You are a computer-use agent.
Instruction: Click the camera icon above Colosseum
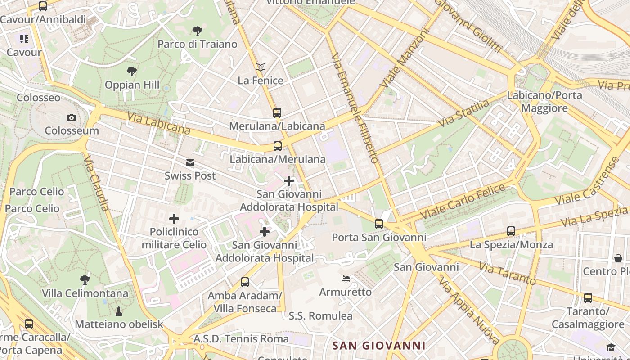tap(71, 118)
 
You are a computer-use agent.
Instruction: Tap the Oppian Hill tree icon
tap(131, 71)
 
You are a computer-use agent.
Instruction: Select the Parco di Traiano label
tap(198, 44)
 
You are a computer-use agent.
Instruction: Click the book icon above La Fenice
tap(261, 67)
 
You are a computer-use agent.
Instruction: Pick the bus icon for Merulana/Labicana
tap(277, 113)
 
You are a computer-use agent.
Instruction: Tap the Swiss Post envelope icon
tap(190, 163)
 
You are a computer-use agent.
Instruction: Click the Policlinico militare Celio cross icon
tap(174, 219)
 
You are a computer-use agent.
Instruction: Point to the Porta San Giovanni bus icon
tap(379, 224)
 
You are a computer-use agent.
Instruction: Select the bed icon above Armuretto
tap(346, 279)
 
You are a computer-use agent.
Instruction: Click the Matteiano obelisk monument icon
tap(119, 311)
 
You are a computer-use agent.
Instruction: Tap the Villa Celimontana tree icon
tap(85, 280)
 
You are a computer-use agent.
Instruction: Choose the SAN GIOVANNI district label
tap(379, 346)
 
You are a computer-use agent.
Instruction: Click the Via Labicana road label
tap(159, 123)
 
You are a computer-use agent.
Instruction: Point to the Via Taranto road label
tap(507, 273)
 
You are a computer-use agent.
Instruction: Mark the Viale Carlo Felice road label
tap(463, 201)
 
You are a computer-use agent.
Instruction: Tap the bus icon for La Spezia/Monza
tap(511, 231)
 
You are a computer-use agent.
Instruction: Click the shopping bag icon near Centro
tap(618, 258)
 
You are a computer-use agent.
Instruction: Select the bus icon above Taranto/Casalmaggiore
tap(588, 298)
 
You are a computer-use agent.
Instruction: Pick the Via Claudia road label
tap(96, 184)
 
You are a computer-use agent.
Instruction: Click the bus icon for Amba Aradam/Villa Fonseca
tap(245, 282)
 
